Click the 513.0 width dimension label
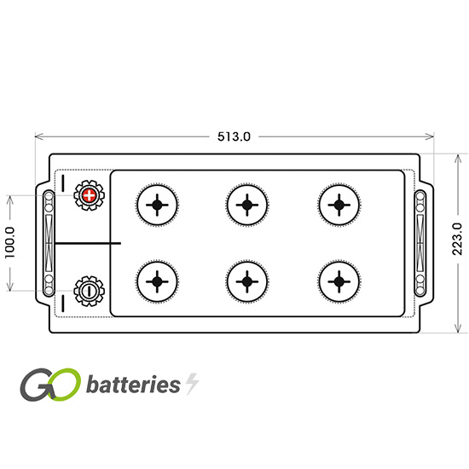[x=234, y=136]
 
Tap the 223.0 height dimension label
[x=457, y=239]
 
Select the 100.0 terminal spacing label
[x=10, y=242]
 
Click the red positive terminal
[x=89, y=195]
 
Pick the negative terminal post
[x=89, y=291]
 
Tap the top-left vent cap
[x=157, y=205]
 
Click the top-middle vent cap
[x=247, y=205]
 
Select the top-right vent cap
[x=339, y=205]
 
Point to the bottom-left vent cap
[x=157, y=281]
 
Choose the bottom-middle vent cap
[x=247, y=281]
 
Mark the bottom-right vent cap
[x=339, y=281]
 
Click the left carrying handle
[x=49, y=243]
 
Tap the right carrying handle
[x=420, y=243]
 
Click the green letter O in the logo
[x=64, y=385]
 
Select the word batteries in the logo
[x=133, y=384]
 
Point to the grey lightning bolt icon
[x=192, y=384]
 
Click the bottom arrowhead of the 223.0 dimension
[x=458, y=328]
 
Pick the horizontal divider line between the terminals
[x=88, y=243]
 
